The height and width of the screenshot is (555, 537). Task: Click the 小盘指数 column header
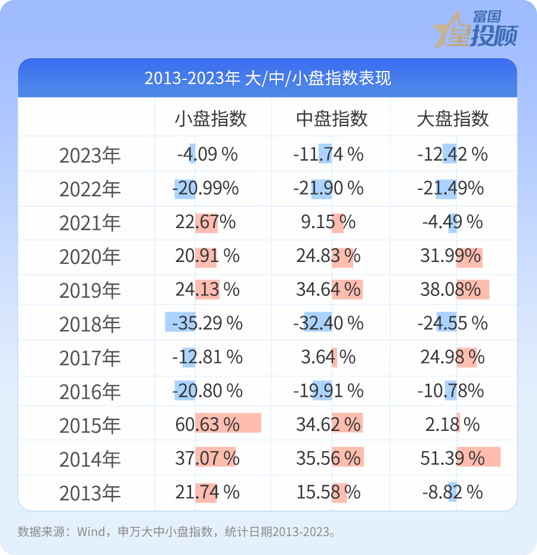[211, 119]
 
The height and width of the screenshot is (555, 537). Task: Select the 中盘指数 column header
[332, 119]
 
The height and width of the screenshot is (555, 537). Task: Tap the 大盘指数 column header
[453, 119]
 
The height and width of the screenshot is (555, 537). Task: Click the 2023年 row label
[89, 155]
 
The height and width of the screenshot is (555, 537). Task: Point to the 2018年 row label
[89, 324]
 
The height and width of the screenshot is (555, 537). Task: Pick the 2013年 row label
[89, 493]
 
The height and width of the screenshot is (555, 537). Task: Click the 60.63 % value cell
[208, 424]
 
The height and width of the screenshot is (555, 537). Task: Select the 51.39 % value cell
[453, 458]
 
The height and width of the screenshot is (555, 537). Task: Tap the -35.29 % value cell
[207, 323]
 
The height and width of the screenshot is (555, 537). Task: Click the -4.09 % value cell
[207, 154]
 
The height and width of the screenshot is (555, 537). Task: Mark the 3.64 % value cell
[328, 357]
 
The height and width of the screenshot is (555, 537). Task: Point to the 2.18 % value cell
[453, 424]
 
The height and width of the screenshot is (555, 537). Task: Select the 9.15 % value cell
[328, 222]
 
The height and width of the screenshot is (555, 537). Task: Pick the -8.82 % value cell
[453, 492]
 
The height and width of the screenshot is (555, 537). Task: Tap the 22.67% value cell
[206, 222]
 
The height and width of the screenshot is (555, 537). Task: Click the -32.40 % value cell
[328, 323]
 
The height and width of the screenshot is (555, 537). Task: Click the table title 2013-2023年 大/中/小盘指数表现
[268, 78]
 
